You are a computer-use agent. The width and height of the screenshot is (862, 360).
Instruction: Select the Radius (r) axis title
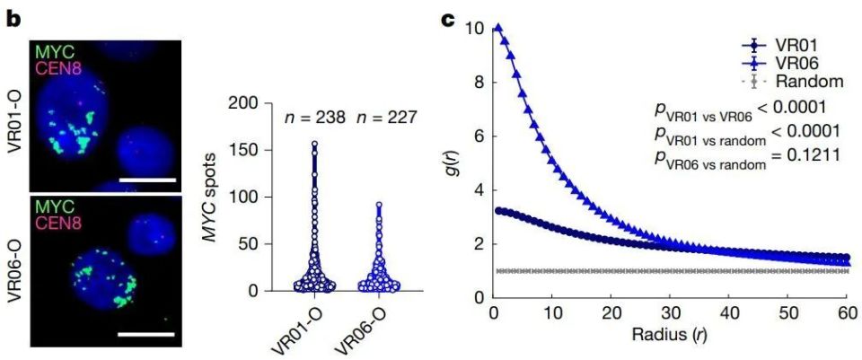(670, 340)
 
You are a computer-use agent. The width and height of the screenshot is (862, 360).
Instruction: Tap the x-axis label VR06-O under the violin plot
(359, 328)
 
